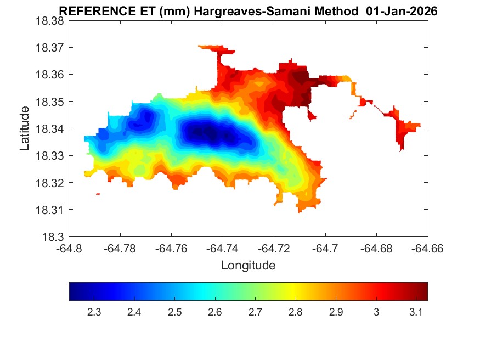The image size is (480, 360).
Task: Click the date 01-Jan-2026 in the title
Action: point(404,12)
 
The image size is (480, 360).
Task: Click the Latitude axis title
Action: point(25,129)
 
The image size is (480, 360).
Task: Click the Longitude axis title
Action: point(248,266)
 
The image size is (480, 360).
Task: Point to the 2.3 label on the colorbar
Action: point(94,312)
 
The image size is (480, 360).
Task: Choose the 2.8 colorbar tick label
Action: point(296,312)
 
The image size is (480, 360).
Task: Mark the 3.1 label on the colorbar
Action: point(416,312)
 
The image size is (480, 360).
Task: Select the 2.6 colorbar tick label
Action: point(215,312)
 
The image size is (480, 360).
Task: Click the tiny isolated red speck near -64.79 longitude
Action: point(98,194)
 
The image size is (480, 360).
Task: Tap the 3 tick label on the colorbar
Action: point(376,312)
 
